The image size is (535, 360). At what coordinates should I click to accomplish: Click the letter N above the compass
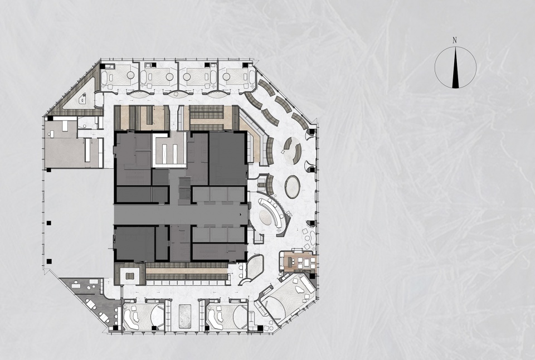(x=455, y=41)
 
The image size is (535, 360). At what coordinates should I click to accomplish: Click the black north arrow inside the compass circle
(x=455, y=68)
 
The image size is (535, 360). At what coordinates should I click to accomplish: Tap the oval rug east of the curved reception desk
(x=293, y=187)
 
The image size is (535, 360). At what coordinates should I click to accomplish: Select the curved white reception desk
(x=272, y=213)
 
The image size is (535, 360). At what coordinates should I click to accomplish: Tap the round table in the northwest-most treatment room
(x=130, y=75)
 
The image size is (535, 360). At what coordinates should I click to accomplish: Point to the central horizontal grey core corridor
(x=181, y=215)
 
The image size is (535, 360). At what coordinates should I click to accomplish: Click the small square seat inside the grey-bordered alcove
(x=130, y=276)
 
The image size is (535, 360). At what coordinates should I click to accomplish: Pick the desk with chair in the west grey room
(x=65, y=127)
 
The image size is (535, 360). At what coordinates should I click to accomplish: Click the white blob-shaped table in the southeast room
(x=299, y=290)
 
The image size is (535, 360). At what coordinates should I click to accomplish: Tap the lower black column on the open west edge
(x=49, y=262)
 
